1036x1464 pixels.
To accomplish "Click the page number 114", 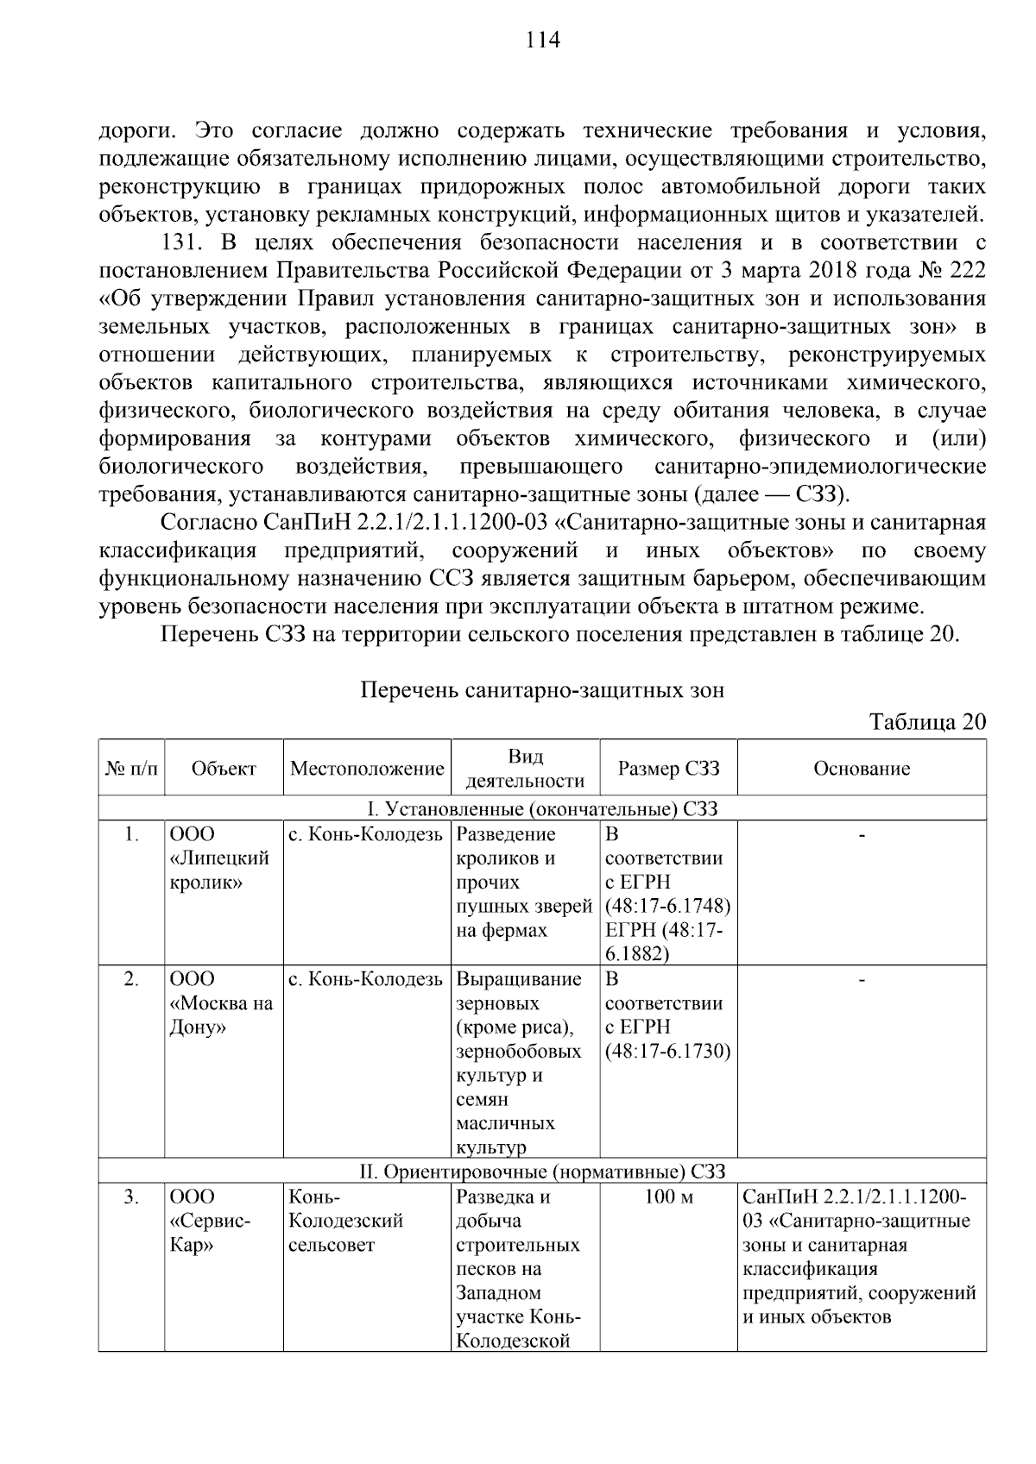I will (x=542, y=41).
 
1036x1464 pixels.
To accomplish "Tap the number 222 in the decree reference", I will (x=967, y=271).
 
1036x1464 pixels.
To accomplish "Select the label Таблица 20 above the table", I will (x=926, y=722).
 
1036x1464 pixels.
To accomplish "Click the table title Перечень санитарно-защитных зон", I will (x=542, y=691).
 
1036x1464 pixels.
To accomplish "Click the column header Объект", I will (x=224, y=769).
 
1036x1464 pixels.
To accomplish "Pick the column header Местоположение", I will (x=367, y=769).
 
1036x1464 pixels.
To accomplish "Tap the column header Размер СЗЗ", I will (x=668, y=769).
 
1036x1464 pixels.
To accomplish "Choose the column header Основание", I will (x=862, y=769).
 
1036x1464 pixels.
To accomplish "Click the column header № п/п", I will (x=131, y=769).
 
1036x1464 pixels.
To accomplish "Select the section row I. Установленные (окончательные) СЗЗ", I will (x=542, y=809).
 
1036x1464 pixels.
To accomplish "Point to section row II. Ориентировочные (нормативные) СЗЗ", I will (x=542, y=1172).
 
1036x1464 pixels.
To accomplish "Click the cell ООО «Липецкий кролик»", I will (x=219, y=858).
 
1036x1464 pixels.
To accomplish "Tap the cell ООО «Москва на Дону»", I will (x=221, y=1003).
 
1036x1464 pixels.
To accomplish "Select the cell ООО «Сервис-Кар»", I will (x=210, y=1221).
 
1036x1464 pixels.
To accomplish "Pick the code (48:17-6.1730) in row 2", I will (x=668, y=1052).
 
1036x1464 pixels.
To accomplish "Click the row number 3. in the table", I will (x=131, y=1197).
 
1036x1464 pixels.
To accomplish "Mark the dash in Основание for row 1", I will (x=862, y=835).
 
